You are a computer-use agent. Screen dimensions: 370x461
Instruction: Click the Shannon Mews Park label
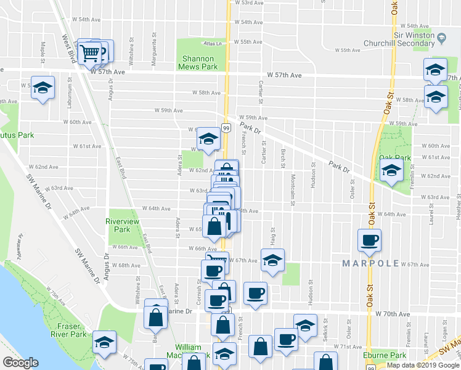198,62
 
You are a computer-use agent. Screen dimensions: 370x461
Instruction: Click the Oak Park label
394,158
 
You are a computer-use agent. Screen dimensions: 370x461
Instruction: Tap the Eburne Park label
389,355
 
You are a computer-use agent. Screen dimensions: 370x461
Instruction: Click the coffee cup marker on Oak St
370,240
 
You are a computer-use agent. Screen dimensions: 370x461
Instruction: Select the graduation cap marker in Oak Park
391,174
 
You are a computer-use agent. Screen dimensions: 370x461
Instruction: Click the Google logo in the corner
20,363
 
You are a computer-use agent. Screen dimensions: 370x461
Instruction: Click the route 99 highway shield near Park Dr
227,128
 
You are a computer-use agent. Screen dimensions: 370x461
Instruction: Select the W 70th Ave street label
392,314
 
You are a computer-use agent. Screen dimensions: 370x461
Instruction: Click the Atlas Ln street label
213,44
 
